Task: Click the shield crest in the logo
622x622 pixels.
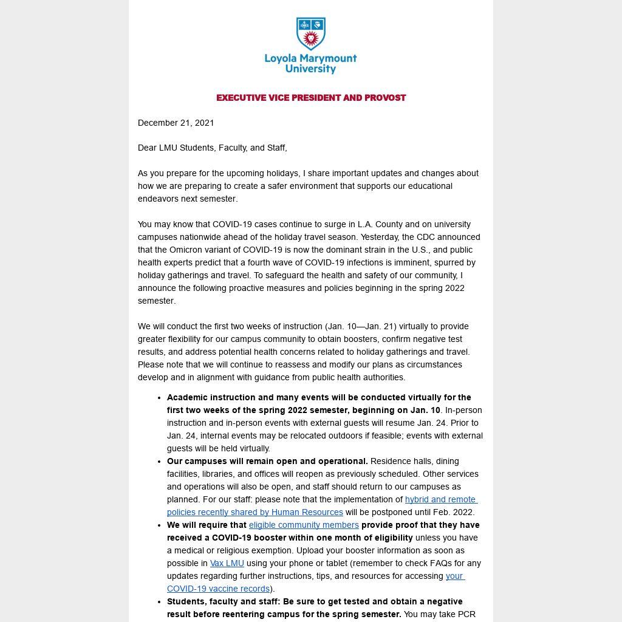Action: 310,34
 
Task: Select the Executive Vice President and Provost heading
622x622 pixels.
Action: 311,98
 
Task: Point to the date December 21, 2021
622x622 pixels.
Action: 176,123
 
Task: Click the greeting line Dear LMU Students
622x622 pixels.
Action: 212,148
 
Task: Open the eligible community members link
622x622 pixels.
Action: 304,525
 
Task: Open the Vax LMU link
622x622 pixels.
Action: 227,563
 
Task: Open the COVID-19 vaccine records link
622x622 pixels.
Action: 218,589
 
